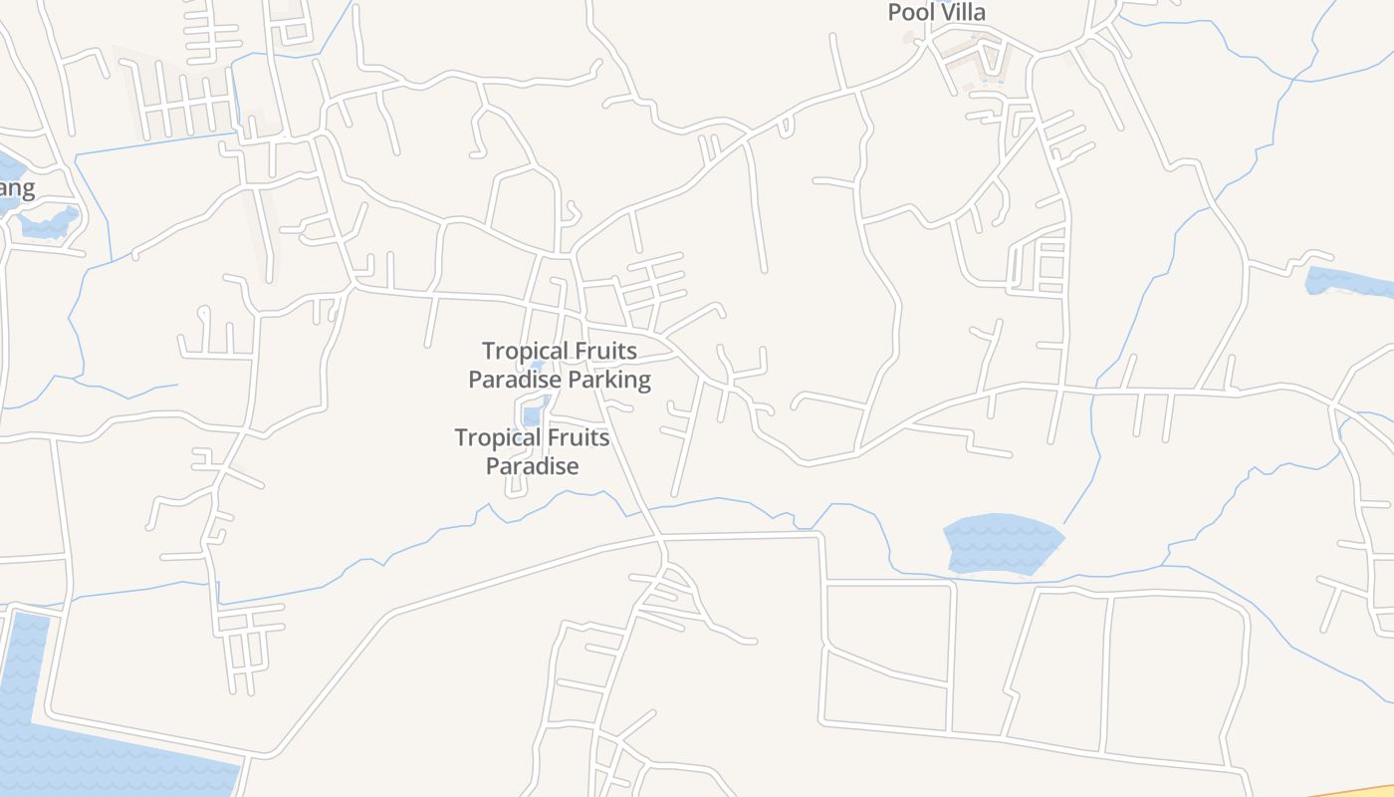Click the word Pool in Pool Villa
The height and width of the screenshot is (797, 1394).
click(x=908, y=12)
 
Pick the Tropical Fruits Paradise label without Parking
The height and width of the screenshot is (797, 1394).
click(x=533, y=451)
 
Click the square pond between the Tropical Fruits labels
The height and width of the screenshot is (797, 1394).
click(x=532, y=414)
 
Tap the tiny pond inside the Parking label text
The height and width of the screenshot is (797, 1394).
click(x=538, y=365)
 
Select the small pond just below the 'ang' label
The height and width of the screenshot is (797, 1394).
click(x=50, y=223)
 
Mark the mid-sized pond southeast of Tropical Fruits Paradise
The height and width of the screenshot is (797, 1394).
click(x=1002, y=544)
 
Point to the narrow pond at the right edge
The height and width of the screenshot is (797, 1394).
click(x=1349, y=283)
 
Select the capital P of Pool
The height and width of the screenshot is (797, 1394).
click(x=894, y=12)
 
